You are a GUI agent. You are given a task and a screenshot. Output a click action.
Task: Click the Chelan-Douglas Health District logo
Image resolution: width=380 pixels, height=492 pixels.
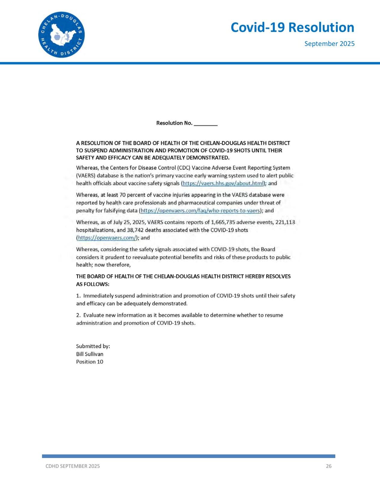coord(62,35)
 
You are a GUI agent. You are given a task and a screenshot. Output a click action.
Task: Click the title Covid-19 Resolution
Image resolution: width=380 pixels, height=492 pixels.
coord(292,27)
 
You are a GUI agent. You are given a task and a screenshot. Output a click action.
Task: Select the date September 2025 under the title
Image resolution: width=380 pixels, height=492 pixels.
coord(329,44)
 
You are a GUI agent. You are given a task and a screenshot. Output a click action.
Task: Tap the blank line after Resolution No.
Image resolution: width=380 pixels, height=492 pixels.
coord(205,123)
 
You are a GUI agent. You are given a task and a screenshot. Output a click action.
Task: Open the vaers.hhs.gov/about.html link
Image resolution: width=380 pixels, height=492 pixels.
coord(223,183)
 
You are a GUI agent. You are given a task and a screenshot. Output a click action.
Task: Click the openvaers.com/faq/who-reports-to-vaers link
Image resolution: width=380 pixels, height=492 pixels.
coord(200,211)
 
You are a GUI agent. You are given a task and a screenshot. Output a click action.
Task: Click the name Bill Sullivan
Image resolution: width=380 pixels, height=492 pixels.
coord(90,354)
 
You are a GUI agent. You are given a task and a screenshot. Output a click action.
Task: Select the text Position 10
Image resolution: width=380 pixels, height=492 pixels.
coord(90,362)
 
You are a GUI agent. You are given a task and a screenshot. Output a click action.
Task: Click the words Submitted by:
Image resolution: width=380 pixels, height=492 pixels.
coord(93,346)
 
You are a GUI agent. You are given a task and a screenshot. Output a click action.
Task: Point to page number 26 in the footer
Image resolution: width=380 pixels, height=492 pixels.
coord(329,466)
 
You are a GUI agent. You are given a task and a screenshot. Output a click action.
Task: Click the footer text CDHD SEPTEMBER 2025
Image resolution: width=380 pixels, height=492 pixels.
coord(72,466)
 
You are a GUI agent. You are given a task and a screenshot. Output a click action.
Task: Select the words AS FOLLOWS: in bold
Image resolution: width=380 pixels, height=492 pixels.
coord(93,284)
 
